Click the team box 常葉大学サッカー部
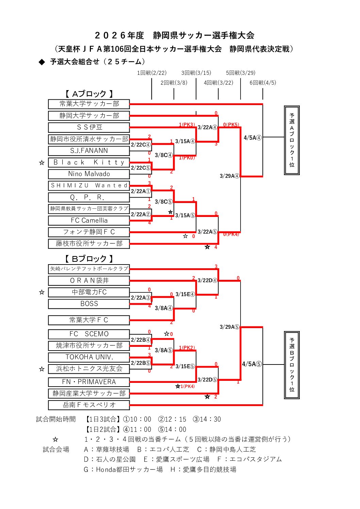coord(89,104)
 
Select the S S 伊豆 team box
coord(89,127)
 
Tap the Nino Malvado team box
coord(89,174)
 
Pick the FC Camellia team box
coord(89,220)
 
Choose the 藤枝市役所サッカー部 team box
coord(89,243)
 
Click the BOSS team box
coord(89,304)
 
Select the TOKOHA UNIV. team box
coord(89,357)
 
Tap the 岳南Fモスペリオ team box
coord(89,405)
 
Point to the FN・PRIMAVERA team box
coord(89,382)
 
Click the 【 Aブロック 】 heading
coord(89,94)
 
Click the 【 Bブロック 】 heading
coord(89,259)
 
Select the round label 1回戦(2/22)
coord(152,73)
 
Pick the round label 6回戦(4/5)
coord(263,83)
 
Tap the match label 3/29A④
coord(229,176)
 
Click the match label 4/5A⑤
coord(252,364)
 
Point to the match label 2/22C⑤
coord(141,168)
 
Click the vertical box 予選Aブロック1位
coord(292,140)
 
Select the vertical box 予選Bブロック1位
coord(292,364)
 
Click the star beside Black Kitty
coord(42,163)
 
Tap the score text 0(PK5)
coord(231,125)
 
